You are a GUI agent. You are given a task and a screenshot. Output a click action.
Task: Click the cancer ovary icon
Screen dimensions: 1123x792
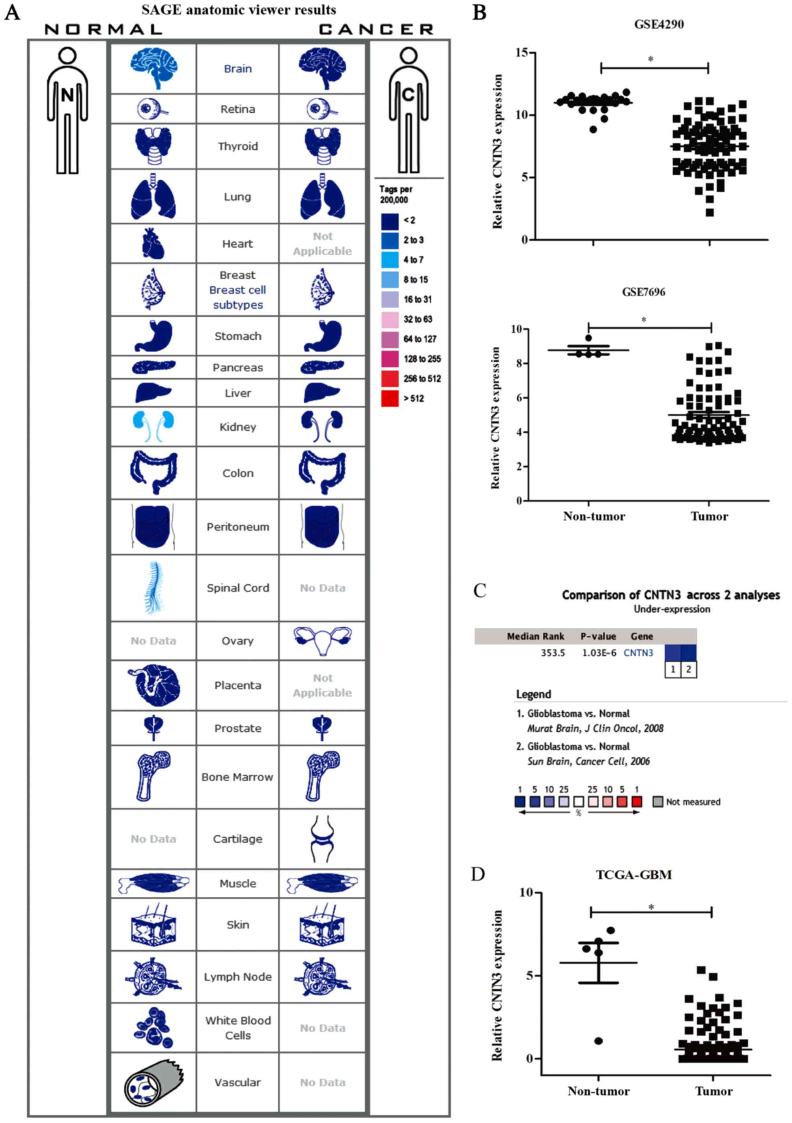pos(322,640)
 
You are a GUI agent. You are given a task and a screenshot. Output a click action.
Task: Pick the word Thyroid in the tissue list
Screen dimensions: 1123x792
pos(238,146)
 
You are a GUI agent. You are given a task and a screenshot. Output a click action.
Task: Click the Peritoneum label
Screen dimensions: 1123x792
pos(238,527)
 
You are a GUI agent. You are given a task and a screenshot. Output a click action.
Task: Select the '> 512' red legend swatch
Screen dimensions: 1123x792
pos(390,398)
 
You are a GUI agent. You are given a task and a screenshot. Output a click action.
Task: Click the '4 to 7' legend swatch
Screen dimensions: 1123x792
pos(390,260)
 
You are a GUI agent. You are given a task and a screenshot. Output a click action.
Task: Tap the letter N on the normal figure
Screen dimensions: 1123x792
pos(67,95)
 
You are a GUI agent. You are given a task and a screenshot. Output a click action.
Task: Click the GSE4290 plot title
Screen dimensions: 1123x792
pos(659,24)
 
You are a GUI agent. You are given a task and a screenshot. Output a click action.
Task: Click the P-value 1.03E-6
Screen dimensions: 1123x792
pos(599,653)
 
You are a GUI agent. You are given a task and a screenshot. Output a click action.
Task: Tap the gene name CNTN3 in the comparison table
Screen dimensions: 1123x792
pos(638,653)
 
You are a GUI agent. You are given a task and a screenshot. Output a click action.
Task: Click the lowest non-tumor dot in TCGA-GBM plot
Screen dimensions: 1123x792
pos(598,1041)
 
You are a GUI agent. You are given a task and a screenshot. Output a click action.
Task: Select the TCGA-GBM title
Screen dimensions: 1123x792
pos(633,874)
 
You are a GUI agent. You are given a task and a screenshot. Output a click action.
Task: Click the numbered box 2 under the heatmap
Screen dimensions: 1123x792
pos(689,669)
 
